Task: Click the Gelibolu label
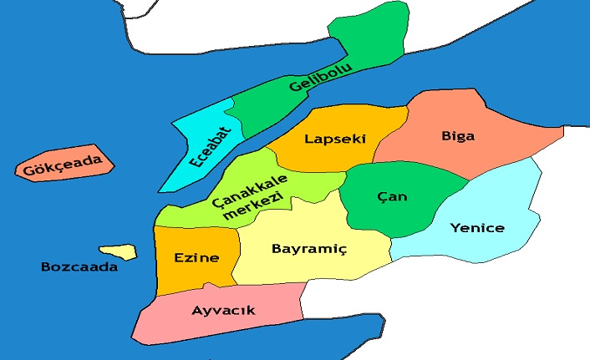click(321, 77)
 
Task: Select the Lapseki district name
click(335, 139)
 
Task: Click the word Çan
click(392, 196)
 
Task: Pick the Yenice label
click(476, 227)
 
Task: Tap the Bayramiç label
click(309, 248)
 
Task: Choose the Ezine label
click(196, 257)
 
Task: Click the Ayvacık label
click(223, 311)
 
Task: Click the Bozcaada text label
click(79, 267)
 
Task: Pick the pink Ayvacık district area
click(167, 322)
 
